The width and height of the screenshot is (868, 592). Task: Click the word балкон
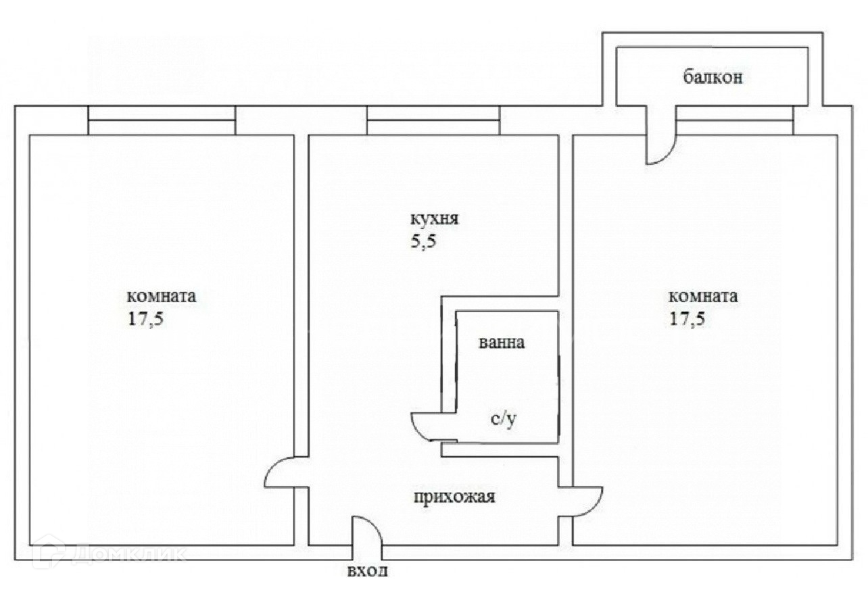713,77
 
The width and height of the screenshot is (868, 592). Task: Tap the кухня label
435,220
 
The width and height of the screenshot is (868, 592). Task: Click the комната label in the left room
162,297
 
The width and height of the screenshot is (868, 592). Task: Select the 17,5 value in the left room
146,319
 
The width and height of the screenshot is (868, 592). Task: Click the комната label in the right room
703,297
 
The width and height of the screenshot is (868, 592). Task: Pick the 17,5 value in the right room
688,319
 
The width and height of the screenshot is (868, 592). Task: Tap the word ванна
501,343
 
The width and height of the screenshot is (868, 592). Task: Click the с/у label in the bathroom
504,420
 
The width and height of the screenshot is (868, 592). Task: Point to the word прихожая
455,498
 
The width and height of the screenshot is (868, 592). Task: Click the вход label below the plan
368,572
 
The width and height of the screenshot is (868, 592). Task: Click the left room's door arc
279,472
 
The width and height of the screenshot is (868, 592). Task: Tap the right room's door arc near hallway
586,502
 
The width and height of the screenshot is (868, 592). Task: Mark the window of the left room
162,120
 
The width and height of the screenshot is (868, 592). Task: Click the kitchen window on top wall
433,120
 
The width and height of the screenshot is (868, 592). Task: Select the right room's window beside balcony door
734,120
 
